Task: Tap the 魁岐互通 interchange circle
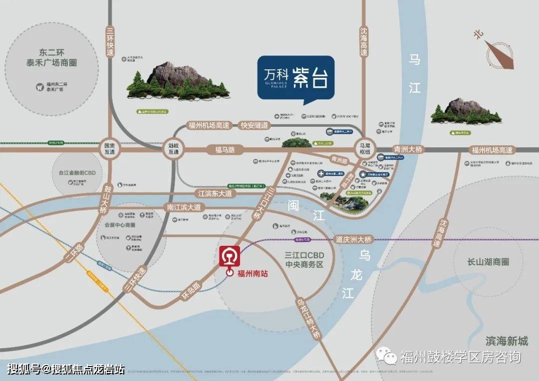point(171,148)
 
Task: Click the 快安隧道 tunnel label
point(254,126)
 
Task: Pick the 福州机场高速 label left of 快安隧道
point(209,126)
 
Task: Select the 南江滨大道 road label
point(184,206)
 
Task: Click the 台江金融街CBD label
point(76,173)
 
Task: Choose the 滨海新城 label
point(506,341)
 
